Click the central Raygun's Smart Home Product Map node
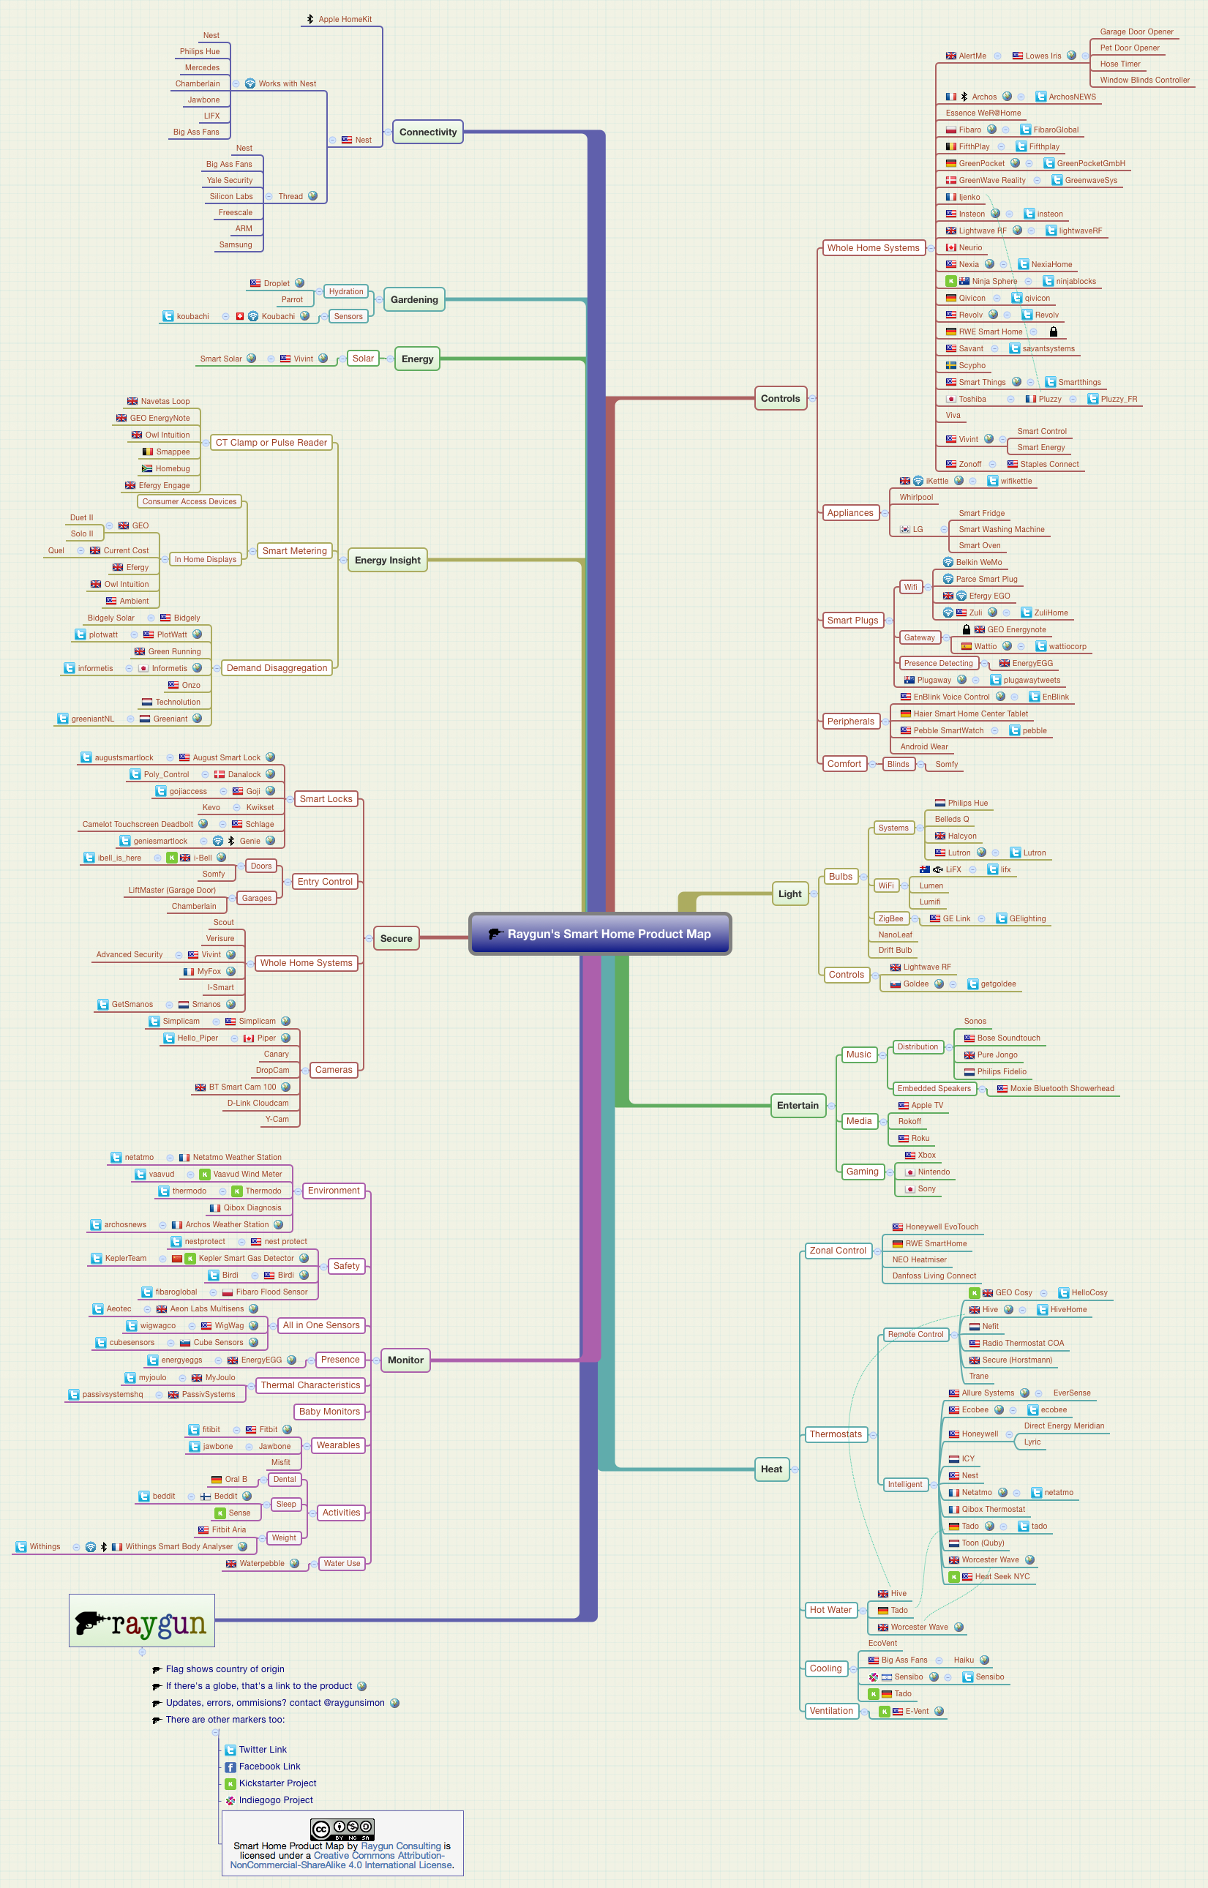(x=600, y=934)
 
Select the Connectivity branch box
(x=427, y=132)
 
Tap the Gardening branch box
(x=414, y=299)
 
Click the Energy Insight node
(x=388, y=560)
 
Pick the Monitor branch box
(x=405, y=1360)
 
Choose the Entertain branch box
(x=797, y=1105)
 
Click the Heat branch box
(x=771, y=1469)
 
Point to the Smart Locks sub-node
(x=326, y=798)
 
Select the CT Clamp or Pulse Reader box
(x=271, y=443)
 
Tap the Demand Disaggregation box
(x=277, y=667)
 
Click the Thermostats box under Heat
(x=836, y=1434)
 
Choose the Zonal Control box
(x=838, y=1251)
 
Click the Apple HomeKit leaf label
(x=345, y=19)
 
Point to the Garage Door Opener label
(x=1136, y=31)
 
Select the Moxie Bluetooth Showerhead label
(x=1062, y=1088)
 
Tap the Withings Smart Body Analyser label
(x=179, y=1546)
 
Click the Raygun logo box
(x=142, y=1619)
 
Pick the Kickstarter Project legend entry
(x=277, y=1783)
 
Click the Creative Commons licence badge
(x=342, y=1829)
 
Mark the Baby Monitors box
(x=329, y=1411)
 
